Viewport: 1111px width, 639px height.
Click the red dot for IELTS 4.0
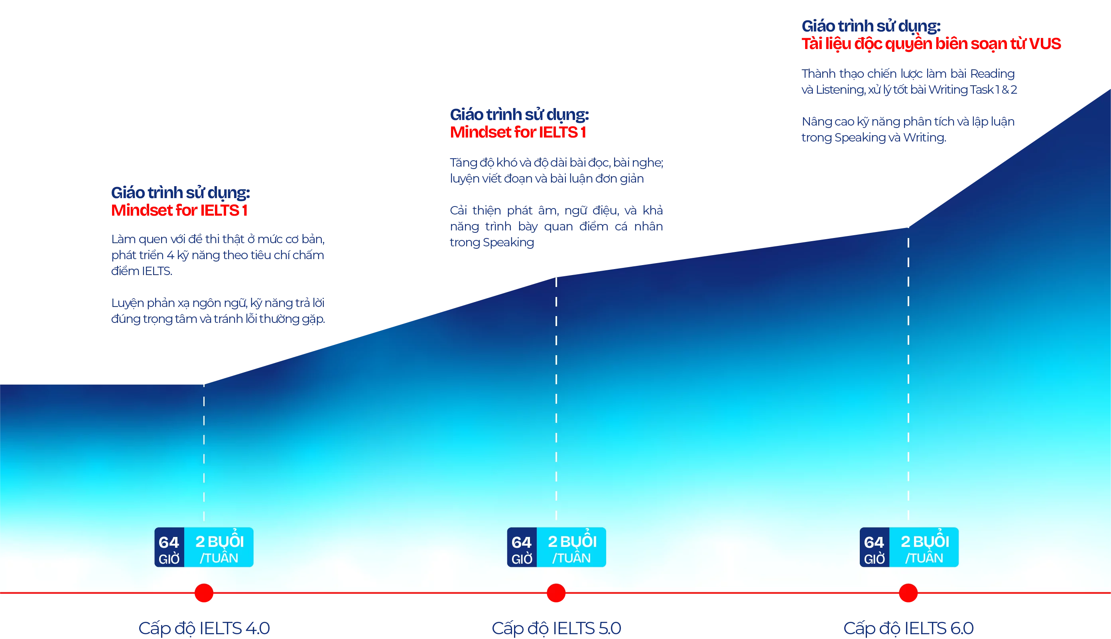click(x=204, y=593)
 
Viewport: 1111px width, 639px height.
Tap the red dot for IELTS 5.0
click(x=556, y=593)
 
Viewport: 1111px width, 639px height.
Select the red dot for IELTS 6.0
click(x=908, y=593)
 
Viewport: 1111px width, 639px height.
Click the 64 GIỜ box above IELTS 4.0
click(x=169, y=547)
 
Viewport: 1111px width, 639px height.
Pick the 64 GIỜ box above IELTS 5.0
click(x=522, y=547)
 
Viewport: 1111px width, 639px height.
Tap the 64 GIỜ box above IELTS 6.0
click(x=875, y=547)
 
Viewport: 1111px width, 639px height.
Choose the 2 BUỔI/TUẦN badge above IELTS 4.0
click(x=219, y=547)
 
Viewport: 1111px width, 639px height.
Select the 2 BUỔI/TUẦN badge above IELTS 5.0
click(x=571, y=547)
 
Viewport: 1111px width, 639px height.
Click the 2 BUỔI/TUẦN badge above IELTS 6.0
click(x=924, y=547)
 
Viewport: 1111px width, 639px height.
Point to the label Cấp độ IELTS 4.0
click(x=204, y=628)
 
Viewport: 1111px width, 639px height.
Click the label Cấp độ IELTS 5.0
click(x=556, y=628)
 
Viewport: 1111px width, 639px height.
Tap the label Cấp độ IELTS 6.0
click(x=908, y=628)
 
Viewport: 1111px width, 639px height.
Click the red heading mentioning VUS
click(x=931, y=43)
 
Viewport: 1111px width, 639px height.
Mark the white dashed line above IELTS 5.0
click(x=556, y=395)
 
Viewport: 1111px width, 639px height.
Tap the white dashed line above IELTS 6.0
click(x=908, y=373)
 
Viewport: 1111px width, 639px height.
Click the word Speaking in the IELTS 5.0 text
click(x=509, y=243)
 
